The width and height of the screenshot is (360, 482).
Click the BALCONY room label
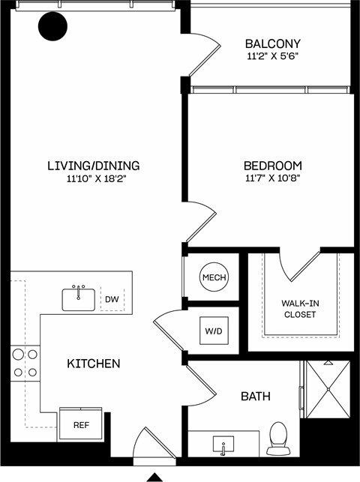pos(273,43)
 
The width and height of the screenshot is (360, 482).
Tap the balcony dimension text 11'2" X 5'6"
pos(273,56)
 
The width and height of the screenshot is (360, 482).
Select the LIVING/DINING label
pos(93,166)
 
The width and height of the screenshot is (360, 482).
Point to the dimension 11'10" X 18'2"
pos(93,179)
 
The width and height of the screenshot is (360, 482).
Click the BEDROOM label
pos(272,166)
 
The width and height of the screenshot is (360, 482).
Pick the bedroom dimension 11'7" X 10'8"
pos(272,179)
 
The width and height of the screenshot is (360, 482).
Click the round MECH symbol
pos(213,278)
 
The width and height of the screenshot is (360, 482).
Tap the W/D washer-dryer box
pos(213,330)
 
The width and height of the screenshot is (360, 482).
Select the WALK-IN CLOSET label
pos(298,308)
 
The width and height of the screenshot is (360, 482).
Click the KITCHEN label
pos(94,364)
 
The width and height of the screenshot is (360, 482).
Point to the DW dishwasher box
pos(112,300)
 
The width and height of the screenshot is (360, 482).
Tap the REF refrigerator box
pos(81,425)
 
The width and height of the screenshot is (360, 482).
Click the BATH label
pos(256,396)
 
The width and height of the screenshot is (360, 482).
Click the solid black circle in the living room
pos(52,28)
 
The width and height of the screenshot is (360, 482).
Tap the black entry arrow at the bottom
pos(154,476)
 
